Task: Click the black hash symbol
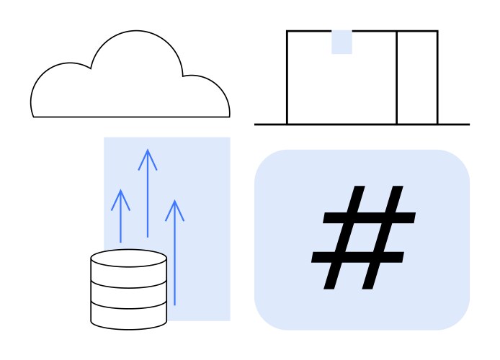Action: pyautogui.click(x=364, y=237)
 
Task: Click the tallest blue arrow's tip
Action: pyautogui.click(x=148, y=150)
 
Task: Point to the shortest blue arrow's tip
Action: pyautogui.click(x=120, y=191)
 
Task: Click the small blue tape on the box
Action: pyautogui.click(x=341, y=42)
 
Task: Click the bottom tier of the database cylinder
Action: pyautogui.click(x=128, y=315)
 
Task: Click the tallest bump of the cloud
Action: pyautogui.click(x=135, y=43)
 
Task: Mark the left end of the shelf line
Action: pyautogui.click(x=256, y=125)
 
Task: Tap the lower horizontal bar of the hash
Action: pyautogui.click(x=357, y=257)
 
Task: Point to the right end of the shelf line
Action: pyautogui.click(x=468, y=125)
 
